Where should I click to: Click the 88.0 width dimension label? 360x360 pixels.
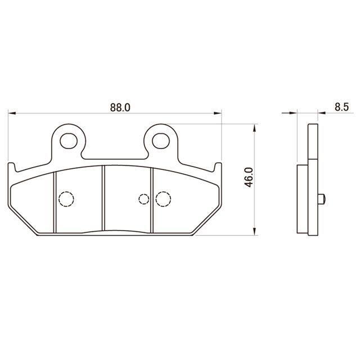(x=120, y=107)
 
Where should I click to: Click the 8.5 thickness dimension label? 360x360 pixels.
(x=341, y=107)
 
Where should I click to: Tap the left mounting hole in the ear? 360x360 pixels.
(x=68, y=141)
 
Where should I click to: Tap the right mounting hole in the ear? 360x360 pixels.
(x=161, y=141)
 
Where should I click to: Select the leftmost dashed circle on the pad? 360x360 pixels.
(x=66, y=199)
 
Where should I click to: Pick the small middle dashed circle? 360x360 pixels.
(x=144, y=199)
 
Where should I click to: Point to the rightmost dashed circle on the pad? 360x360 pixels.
(x=163, y=199)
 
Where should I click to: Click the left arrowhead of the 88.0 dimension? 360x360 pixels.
(x=12, y=113)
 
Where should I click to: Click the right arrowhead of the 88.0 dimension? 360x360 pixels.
(x=218, y=113)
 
